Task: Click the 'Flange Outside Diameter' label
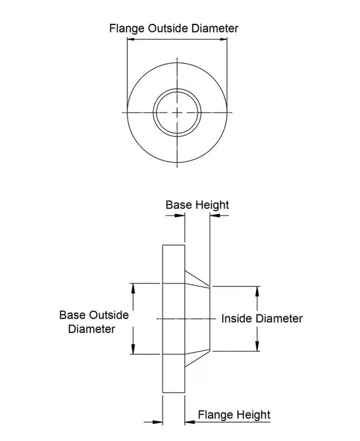[x=174, y=29]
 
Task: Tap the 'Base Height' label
[x=197, y=205]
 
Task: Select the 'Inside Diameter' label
[x=262, y=318]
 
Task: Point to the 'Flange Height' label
[x=234, y=415]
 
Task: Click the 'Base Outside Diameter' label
[x=94, y=322]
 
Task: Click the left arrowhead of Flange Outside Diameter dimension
[x=131, y=39]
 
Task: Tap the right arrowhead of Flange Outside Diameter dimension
[x=224, y=39]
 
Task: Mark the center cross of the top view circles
[x=177, y=113]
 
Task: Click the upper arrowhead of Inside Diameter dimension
[x=257, y=291]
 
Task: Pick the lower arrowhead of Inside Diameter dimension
[x=257, y=346]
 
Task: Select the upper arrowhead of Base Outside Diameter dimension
[x=133, y=288]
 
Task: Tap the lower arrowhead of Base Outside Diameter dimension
[x=133, y=349]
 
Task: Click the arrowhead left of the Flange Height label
[x=190, y=422]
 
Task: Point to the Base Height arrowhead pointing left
[x=215, y=216]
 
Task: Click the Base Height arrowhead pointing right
[x=180, y=216]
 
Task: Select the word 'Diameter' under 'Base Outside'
[x=92, y=329]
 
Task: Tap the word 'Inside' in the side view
[x=236, y=318]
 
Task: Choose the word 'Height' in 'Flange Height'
[x=252, y=415]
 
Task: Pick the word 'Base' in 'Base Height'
[x=179, y=205]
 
